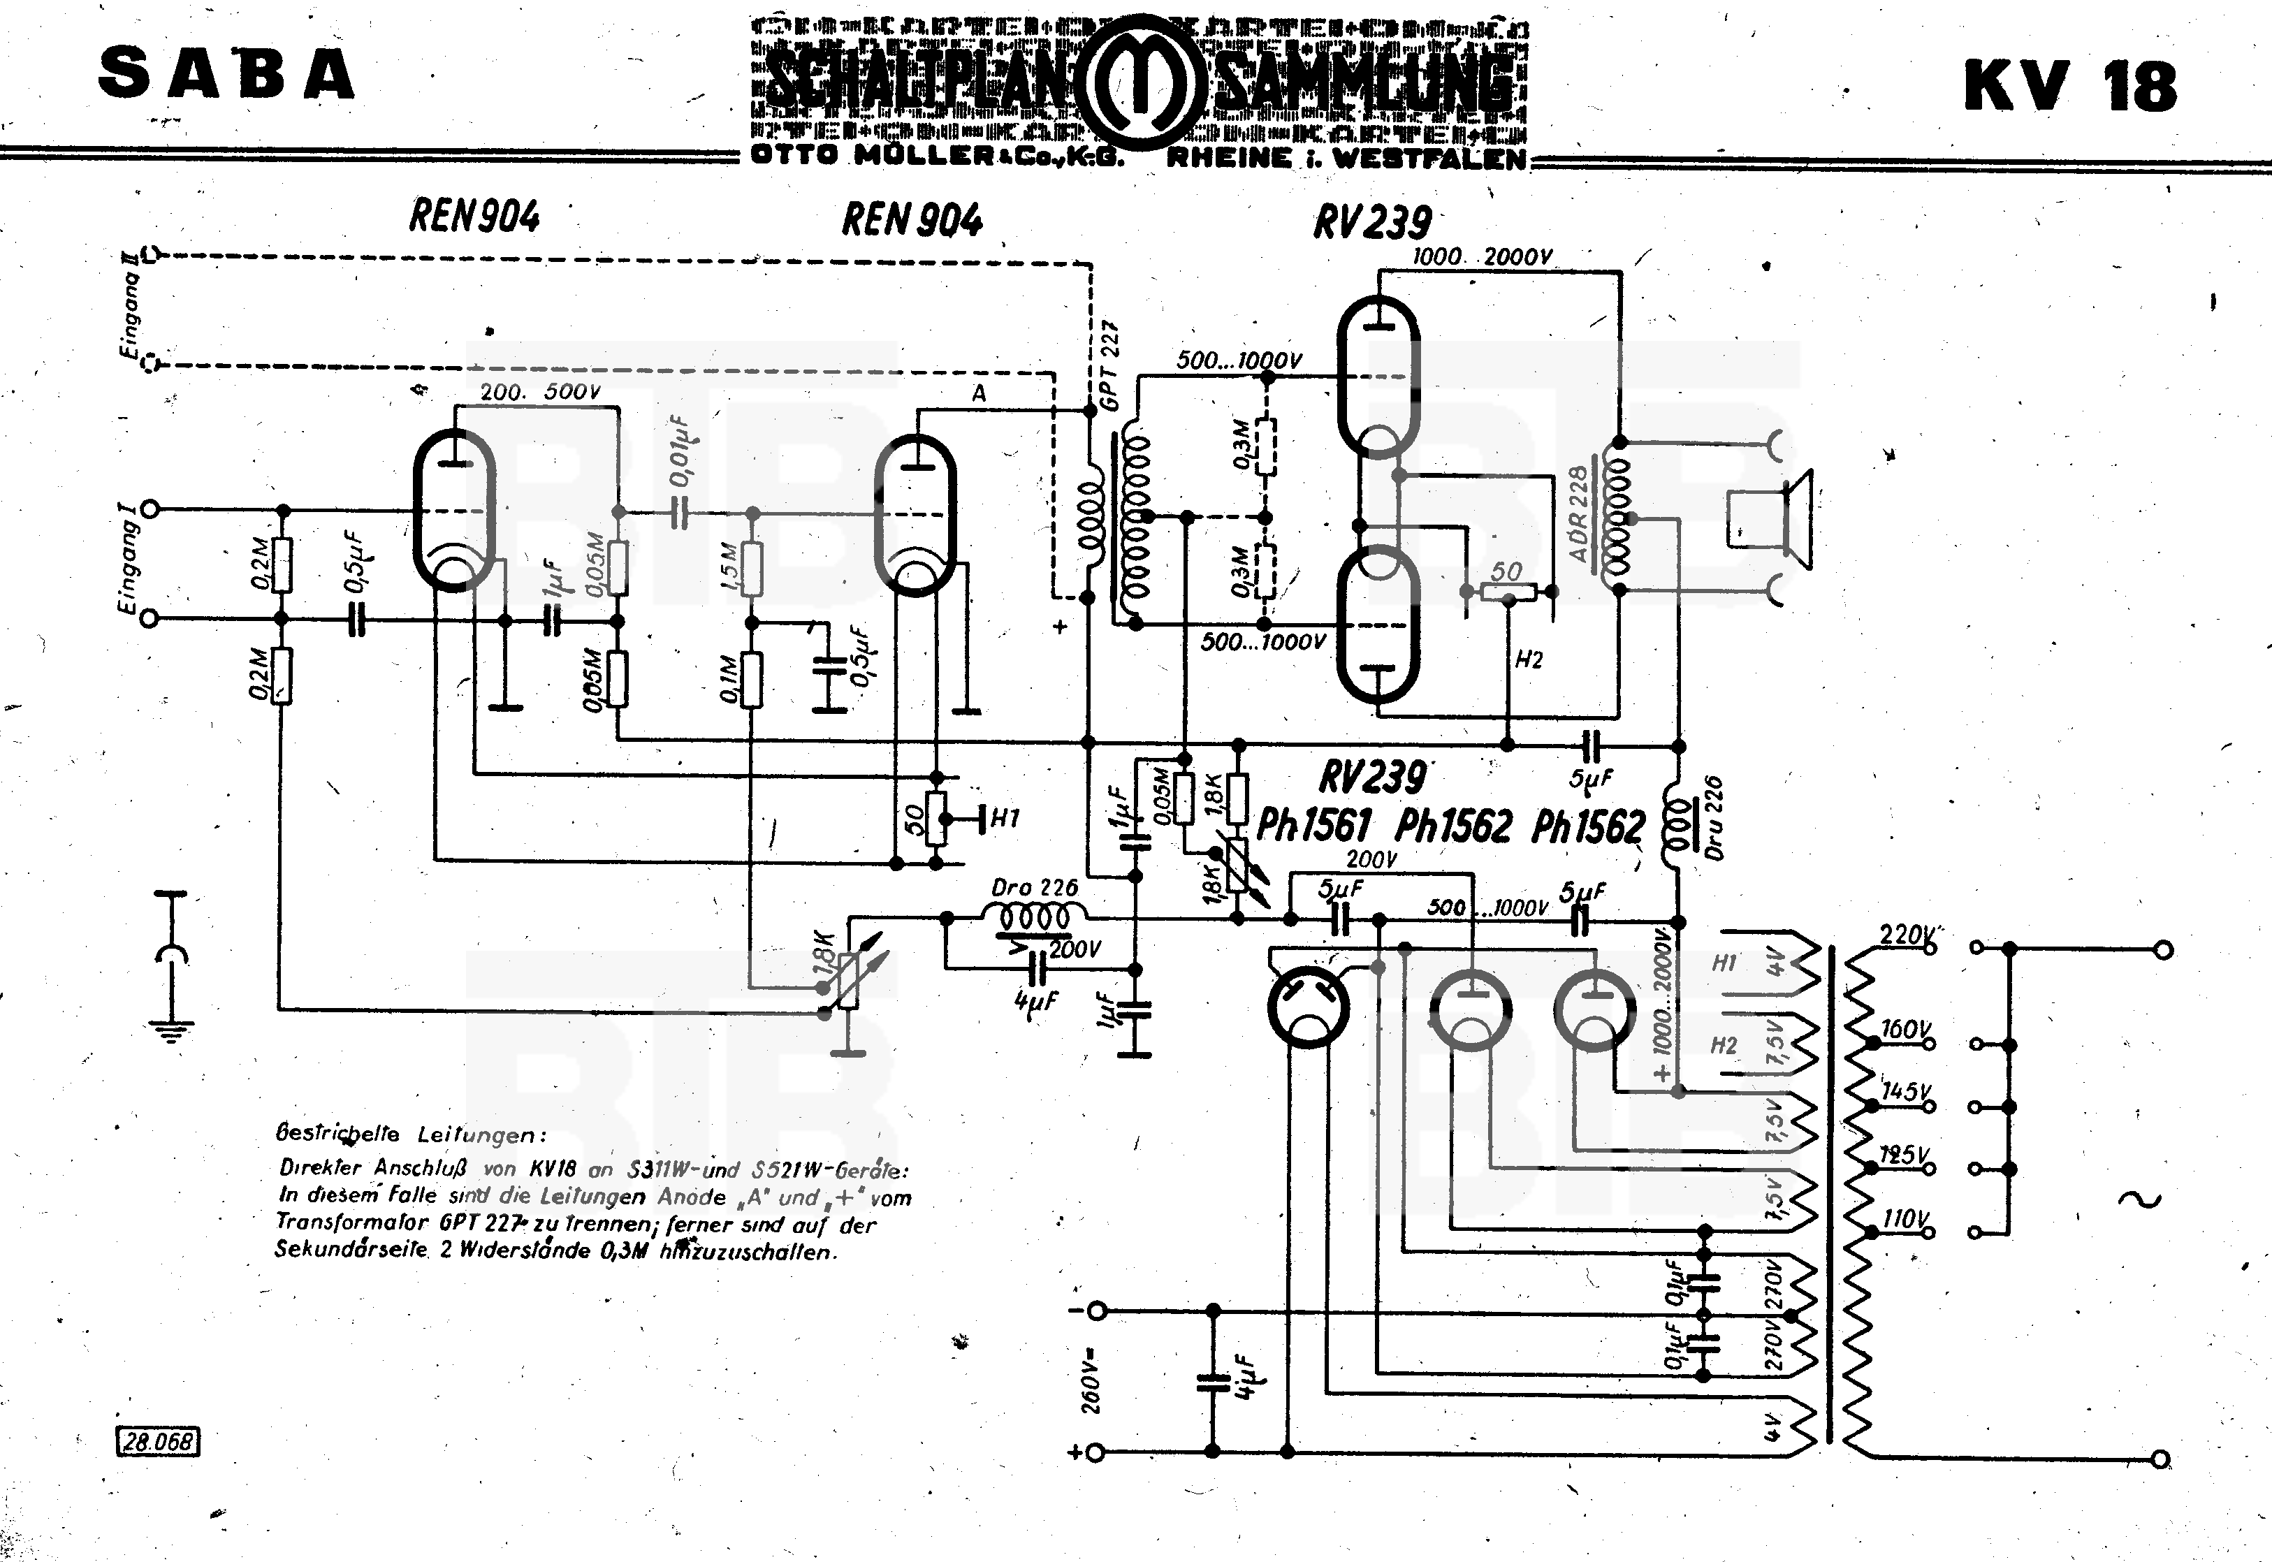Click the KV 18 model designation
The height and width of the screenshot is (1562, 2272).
point(2069,86)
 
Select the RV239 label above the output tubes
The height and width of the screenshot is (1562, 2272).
point(1371,222)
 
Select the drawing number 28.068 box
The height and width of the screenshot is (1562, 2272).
point(159,1440)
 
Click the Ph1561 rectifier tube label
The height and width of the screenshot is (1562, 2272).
point(1313,826)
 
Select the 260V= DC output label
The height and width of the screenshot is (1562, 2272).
point(1093,1380)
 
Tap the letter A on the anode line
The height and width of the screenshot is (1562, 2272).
point(978,393)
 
